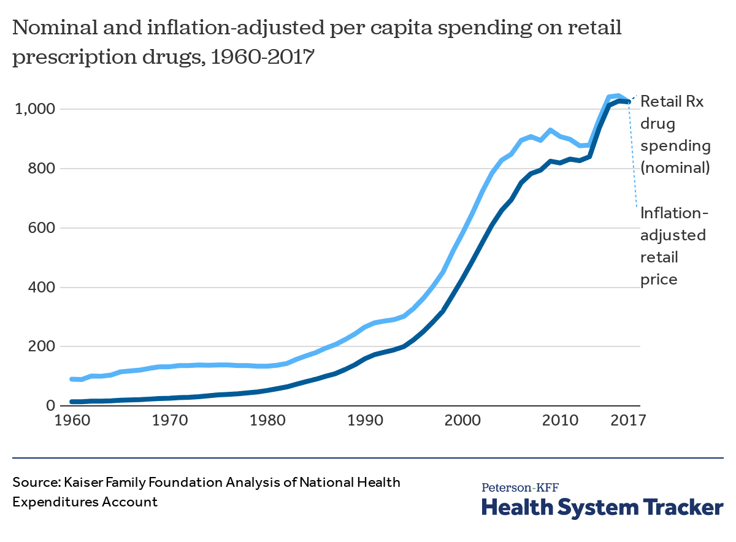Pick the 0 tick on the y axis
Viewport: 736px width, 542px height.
pyautogui.click(x=52, y=406)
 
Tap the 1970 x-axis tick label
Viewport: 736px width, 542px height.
pyautogui.click(x=170, y=422)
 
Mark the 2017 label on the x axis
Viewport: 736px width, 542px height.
pyautogui.click(x=626, y=422)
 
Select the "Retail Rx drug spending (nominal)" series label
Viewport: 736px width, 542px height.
pyautogui.click(x=675, y=134)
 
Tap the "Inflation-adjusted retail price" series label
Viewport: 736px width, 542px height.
pyautogui.click(x=673, y=246)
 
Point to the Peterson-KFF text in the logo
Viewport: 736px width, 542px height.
pyautogui.click(x=520, y=488)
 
